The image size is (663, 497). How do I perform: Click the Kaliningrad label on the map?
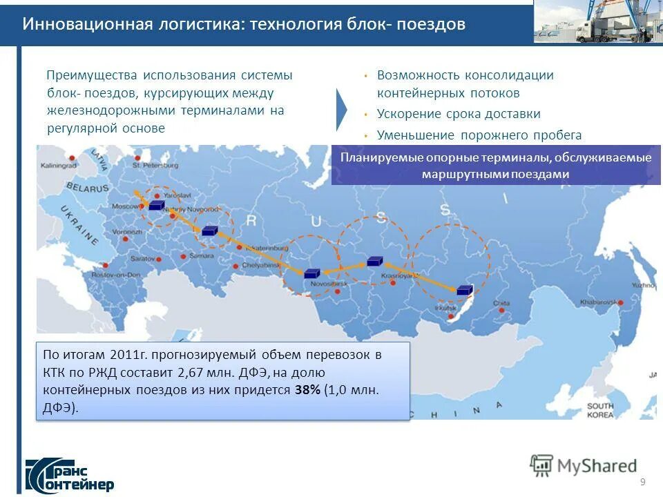click(58, 166)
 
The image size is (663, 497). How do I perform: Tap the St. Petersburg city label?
click(155, 166)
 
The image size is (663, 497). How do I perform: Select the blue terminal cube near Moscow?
click(156, 205)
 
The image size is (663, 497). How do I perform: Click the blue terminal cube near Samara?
click(209, 231)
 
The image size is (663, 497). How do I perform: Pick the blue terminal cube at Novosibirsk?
click(312, 273)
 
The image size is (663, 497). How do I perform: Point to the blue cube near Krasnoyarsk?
click(374, 261)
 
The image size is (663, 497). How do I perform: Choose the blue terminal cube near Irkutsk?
click(464, 290)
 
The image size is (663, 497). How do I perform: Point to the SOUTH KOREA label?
click(600, 410)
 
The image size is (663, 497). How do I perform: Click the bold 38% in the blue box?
click(307, 390)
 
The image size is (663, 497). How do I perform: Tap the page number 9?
click(643, 481)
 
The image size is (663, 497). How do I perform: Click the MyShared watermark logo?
click(583, 466)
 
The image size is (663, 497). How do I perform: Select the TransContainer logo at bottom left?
click(69, 474)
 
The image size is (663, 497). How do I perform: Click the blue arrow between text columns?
click(342, 109)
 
